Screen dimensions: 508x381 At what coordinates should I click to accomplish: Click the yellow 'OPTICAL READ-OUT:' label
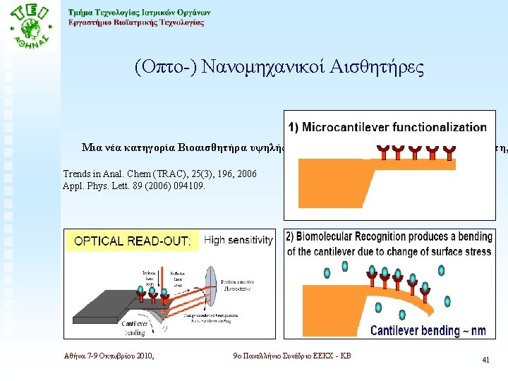132,241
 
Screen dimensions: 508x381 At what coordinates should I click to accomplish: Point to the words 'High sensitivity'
238,240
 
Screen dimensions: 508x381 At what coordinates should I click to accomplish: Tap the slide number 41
485,360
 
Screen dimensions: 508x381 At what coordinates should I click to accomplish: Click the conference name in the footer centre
291,356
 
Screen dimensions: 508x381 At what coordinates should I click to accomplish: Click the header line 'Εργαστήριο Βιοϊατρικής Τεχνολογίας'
136,23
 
